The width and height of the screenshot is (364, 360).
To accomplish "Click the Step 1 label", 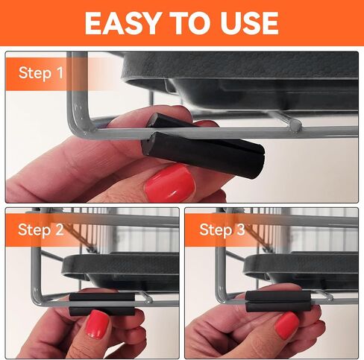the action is [x=41, y=73].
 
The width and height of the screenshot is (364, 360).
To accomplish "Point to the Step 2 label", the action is [x=41, y=230].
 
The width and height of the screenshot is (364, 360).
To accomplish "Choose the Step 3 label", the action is [x=222, y=230].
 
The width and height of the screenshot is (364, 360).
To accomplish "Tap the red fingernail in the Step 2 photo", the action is [x=97, y=324].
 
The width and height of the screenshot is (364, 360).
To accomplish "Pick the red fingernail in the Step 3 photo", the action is [x=286, y=326].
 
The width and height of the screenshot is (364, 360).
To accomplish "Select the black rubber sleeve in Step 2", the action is [x=102, y=304].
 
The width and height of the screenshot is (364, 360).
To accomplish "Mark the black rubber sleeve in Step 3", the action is [x=278, y=301].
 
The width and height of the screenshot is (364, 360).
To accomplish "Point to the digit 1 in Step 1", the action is [x=60, y=73].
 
